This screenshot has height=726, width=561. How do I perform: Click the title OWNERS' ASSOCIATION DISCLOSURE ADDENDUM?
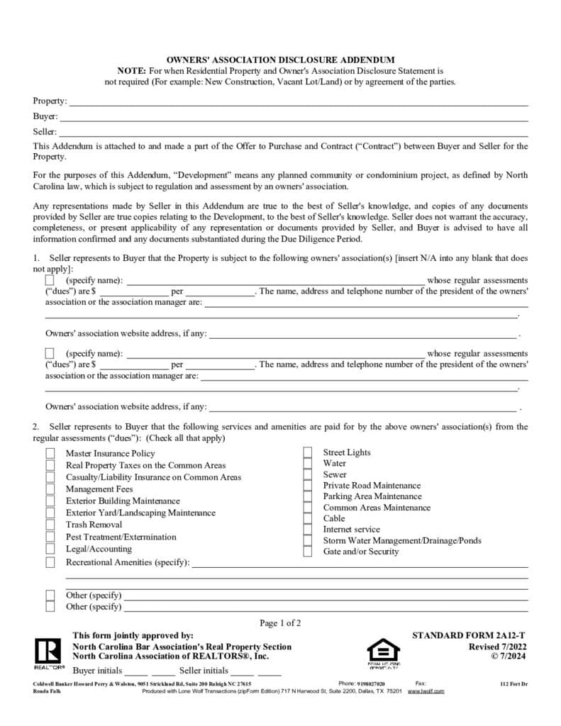coord(280,60)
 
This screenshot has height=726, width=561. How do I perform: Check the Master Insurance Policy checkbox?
coord(50,454)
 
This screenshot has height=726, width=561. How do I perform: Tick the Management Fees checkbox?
coord(50,489)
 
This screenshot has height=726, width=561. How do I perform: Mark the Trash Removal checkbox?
coord(50,525)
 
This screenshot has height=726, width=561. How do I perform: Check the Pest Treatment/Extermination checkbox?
coord(50,537)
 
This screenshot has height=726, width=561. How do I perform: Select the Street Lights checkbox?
coord(308,453)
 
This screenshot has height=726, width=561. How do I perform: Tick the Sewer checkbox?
coord(308,475)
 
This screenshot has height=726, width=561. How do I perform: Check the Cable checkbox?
coord(308,519)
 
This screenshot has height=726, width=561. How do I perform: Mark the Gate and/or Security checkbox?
coord(308,552)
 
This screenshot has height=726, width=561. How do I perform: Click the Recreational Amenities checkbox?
coord(50,563)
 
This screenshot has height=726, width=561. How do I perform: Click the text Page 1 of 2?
coord(280,623)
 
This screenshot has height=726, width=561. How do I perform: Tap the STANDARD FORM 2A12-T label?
coord(469,636)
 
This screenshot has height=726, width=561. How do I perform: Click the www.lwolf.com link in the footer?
coord(426,691)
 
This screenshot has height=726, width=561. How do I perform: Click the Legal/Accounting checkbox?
coord(50,549)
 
